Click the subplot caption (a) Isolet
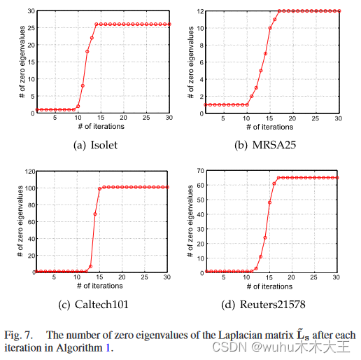click(96, 145)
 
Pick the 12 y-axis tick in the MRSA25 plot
click(199, 11)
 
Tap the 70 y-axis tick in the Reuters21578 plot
click(199, 171)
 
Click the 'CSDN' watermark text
click(233, 347)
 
